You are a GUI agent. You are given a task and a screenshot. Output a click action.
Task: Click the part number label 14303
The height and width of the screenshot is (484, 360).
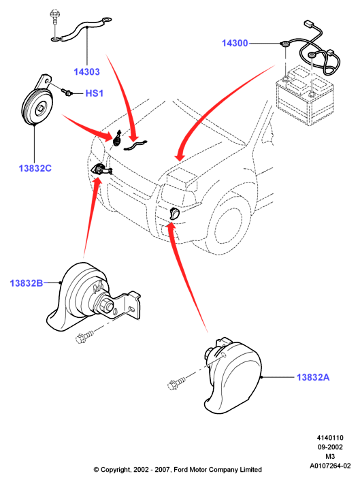coord(86,72)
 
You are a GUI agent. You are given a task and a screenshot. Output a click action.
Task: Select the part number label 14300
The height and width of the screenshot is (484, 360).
coord(235,43)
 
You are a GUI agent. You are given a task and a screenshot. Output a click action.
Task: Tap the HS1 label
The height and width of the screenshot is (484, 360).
coord(95,93)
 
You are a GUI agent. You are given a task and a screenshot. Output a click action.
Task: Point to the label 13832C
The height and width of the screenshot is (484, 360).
coord(35,168)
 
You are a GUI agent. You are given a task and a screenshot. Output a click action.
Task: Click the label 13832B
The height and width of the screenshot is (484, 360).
coord(27,283)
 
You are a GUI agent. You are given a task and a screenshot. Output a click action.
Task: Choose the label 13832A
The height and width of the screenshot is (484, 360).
coord(313,377)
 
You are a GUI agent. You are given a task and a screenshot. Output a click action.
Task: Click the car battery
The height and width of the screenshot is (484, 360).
coord(304,96)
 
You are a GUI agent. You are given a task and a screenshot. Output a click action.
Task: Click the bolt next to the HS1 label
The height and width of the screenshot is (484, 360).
coord(67,92)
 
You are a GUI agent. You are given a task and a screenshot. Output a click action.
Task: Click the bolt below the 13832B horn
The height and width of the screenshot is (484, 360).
coord(84,337)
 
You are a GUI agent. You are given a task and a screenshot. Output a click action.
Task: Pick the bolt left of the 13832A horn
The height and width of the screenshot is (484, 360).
coord(176,382)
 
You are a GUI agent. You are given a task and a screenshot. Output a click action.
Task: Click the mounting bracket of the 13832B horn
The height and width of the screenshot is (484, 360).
coord(130,306)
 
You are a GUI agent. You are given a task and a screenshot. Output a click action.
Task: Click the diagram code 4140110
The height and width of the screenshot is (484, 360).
coord(330,438)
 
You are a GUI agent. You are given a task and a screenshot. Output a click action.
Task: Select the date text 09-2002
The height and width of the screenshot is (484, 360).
coord(330,447)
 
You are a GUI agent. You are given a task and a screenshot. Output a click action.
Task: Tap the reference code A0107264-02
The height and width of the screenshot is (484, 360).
coord(330,466)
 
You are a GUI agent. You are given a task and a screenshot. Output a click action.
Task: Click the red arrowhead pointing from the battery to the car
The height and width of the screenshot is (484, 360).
coord(180,156)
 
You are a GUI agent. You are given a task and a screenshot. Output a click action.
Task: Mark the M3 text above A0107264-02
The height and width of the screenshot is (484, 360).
coord(330,457)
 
